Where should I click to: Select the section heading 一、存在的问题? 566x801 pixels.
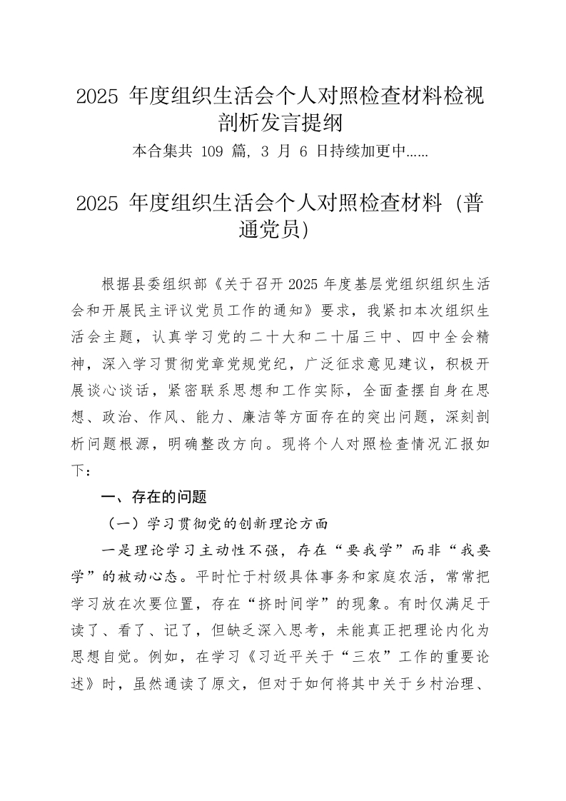[153, 497]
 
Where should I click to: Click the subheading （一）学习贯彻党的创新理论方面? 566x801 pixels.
[216, 524]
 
